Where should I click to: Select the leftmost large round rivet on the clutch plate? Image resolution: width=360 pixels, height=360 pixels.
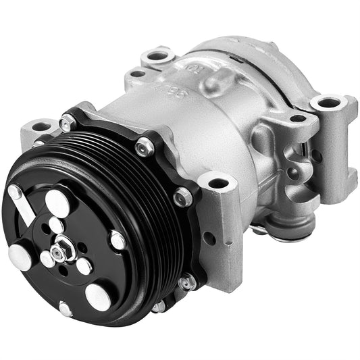20,255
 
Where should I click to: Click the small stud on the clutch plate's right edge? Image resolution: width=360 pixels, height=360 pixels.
118,239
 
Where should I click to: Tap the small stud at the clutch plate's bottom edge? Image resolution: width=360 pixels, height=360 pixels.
66,309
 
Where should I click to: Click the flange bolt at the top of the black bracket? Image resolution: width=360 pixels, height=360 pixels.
144,147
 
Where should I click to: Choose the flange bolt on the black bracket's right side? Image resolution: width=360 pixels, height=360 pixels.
182,197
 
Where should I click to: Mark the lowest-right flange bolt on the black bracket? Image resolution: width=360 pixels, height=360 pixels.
187,282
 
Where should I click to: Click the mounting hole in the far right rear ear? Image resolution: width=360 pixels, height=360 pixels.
329,103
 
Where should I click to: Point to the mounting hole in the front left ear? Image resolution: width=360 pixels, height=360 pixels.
41,126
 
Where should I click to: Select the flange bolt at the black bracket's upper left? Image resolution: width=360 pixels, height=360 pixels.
67,123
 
